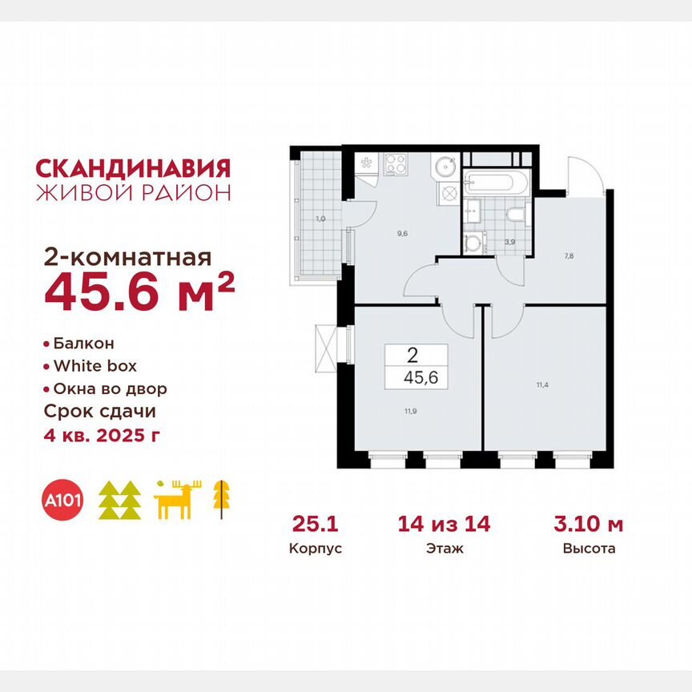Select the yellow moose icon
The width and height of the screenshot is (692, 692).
coord(179,500)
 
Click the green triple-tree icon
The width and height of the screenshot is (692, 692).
coord(119,501)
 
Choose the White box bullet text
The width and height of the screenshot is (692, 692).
coord(94,366)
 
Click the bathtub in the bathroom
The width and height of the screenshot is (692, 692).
coord(497,182)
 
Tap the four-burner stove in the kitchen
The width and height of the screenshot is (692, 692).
coord(396,164)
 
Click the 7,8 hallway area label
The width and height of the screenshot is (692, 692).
coord(568,257)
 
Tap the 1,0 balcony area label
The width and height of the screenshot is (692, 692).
coord(320,218)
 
